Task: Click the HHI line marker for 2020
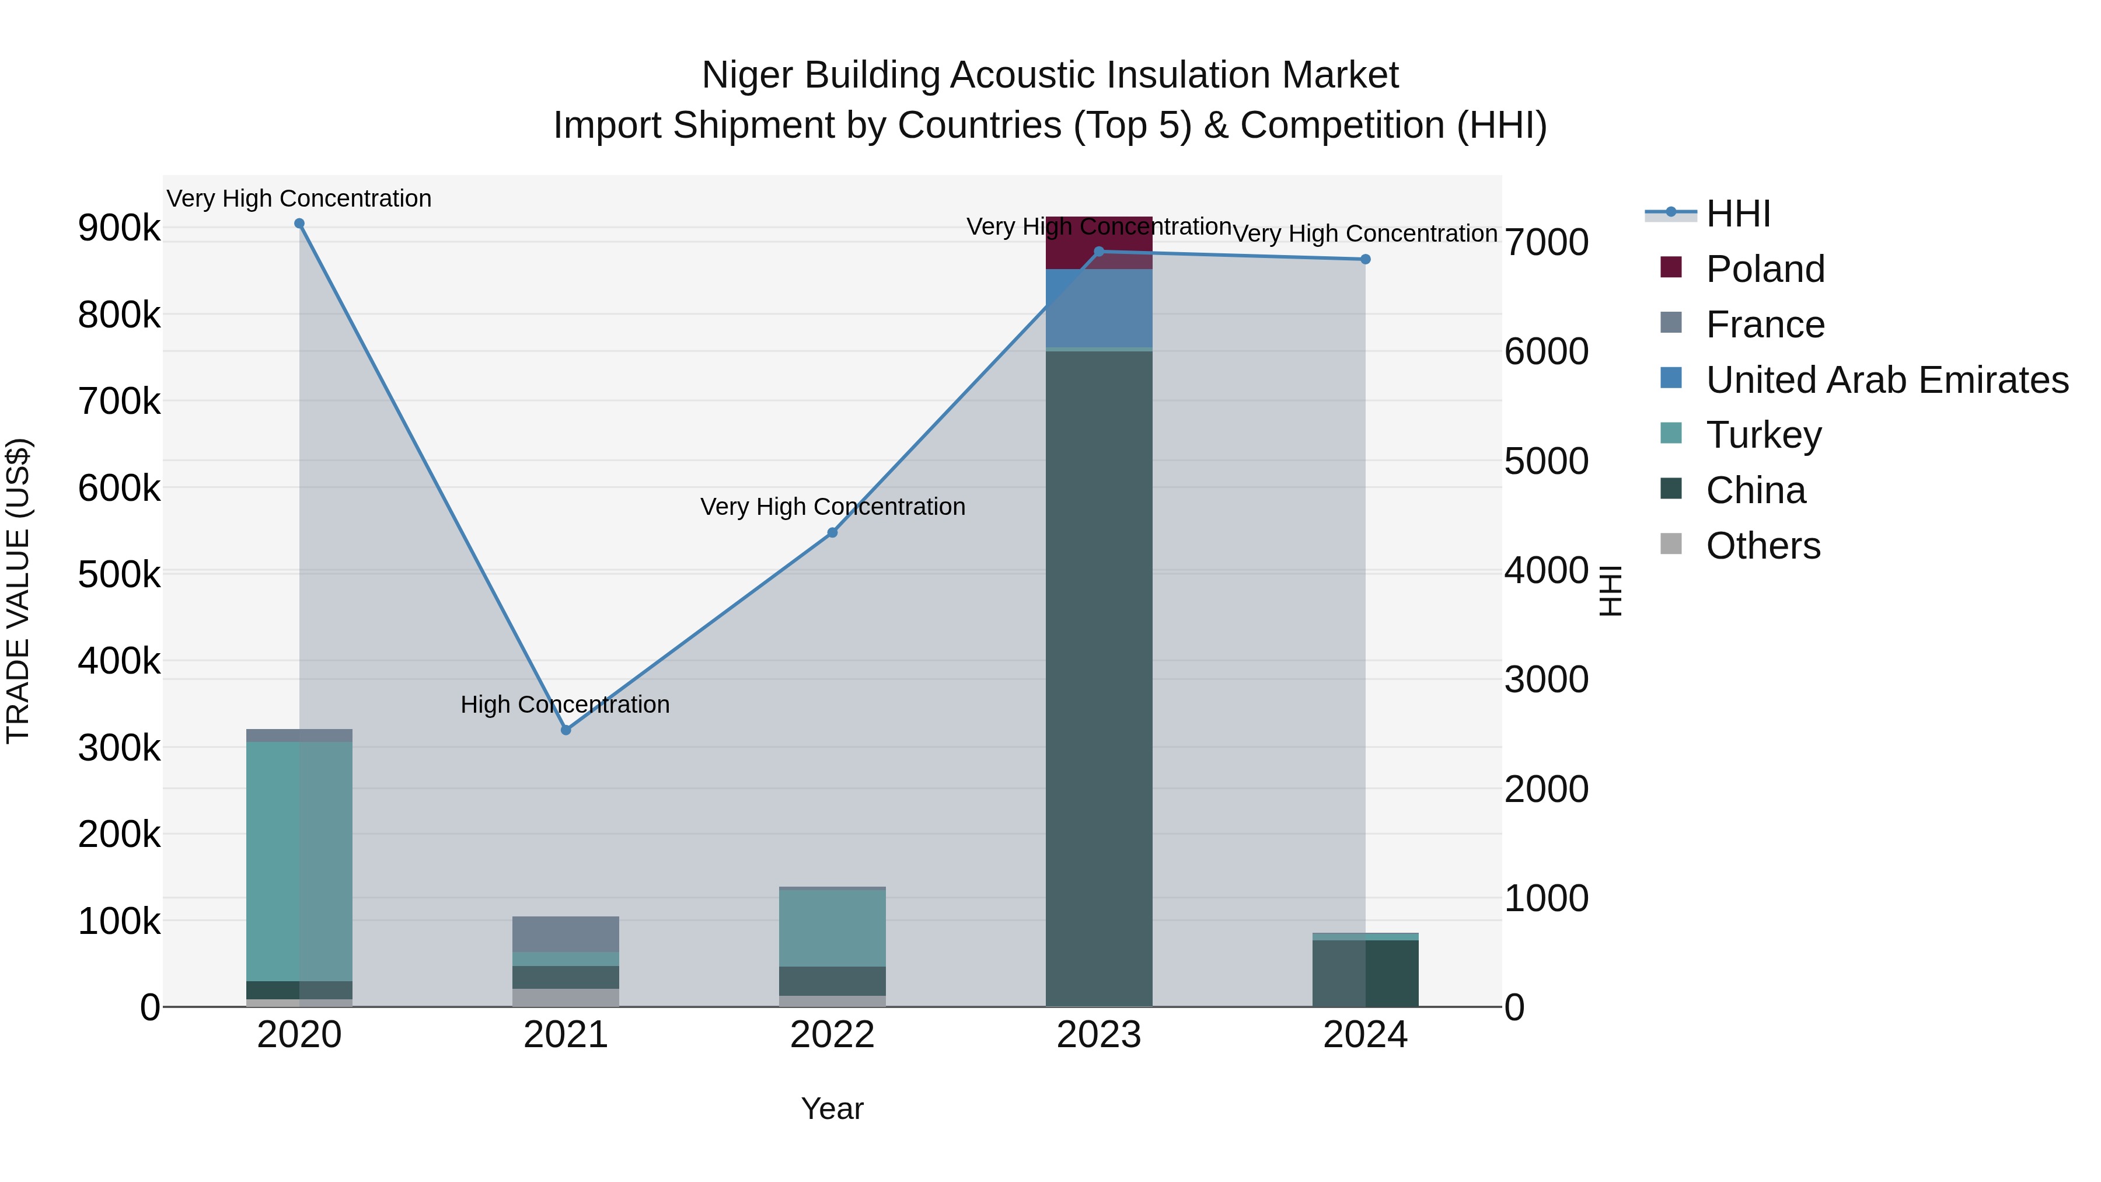pos(299,224)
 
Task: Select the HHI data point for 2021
pos(566,730)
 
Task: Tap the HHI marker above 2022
pos(833,533)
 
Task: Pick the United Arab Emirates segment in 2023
pos(1098,308)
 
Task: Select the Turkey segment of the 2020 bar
pos(299,860)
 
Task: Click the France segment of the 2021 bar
pos(566,934)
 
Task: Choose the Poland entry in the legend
pos(1765,269)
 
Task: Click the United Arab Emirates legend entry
pos(1886,380)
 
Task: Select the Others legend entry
pos(1763,546)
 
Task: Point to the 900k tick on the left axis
pos(119,228)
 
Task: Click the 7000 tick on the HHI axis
pos(1547,242)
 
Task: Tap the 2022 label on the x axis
pos(833,1035)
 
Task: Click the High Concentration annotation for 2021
pos(565,704)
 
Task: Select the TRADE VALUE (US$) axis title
pos(18,591)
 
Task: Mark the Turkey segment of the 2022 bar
pos(833,928)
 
